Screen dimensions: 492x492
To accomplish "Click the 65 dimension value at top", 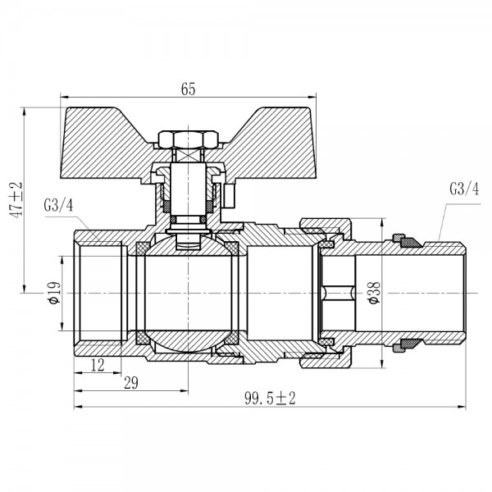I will pyautogui.click(x=189, y=90).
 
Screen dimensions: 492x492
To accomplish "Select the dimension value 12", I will pyautogui.click(x=99, y=363).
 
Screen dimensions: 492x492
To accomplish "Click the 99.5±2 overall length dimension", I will pyautogui.click(x=270, y=398).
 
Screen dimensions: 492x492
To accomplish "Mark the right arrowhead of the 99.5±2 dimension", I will pyautogui.click(x=462, y=407).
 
